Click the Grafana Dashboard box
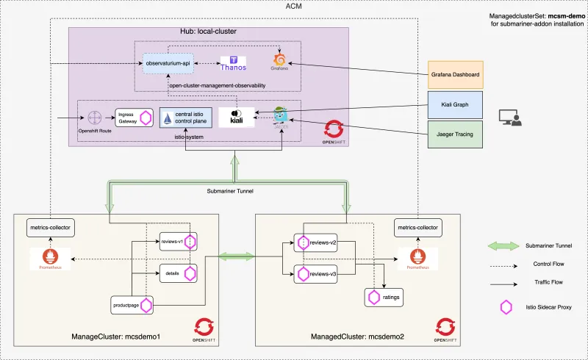[456, 75]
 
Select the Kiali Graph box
[456, 104]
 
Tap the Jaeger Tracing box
[456, 134]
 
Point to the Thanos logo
[234, 64]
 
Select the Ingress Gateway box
[135, 118]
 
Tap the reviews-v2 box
[317, 242]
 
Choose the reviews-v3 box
[317, 274]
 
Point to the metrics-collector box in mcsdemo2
[417, 228]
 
